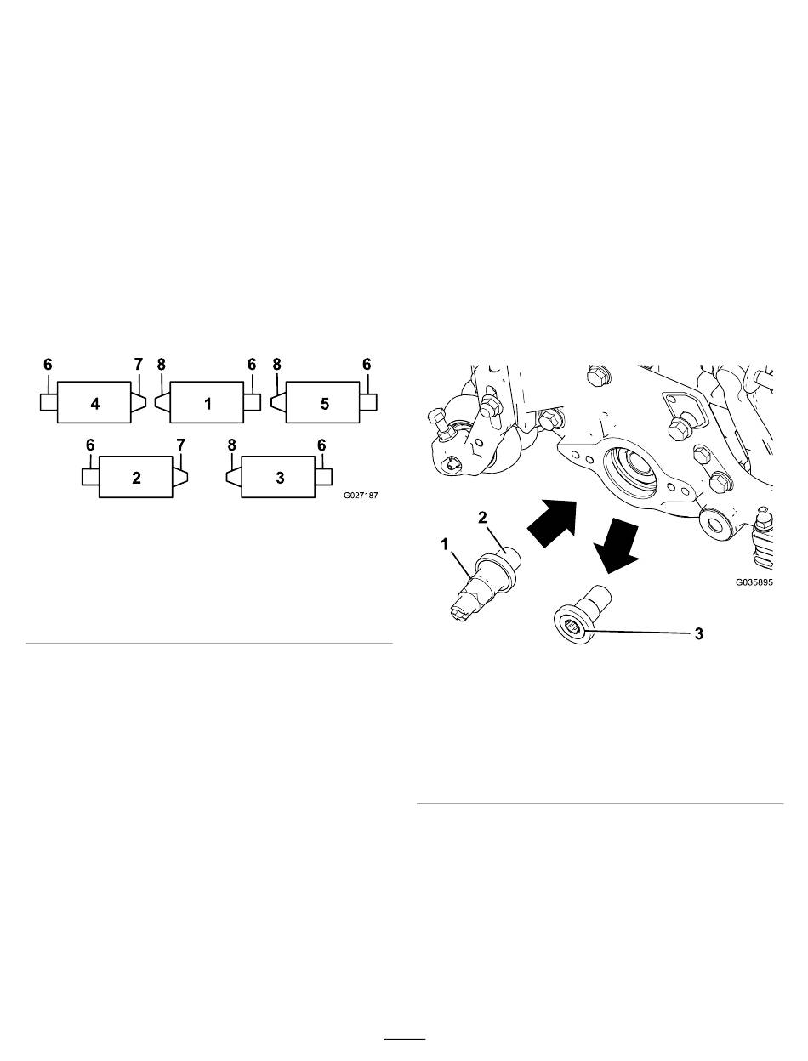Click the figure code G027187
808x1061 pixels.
[361, 496]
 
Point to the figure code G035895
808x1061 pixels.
[754, 582]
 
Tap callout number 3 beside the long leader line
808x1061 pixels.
[699, 633]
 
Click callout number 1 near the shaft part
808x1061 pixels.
[444, 545]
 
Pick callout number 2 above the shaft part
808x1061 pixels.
[482, 518]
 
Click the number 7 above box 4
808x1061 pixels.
[139, 364]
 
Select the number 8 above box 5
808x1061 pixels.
[276, 364]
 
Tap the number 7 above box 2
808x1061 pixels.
[180, 445]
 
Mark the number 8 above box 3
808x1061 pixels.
[231, 445]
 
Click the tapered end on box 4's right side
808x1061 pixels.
[139, 403]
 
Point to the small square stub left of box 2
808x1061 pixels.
[90, 477]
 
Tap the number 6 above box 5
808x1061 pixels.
[367, 364]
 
